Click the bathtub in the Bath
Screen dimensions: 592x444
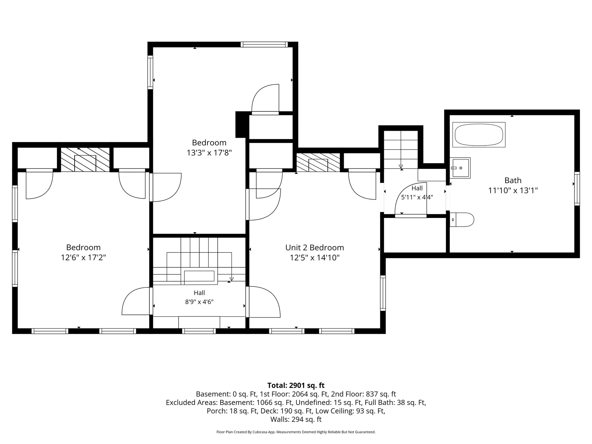(479, 135)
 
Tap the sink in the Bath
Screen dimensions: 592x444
(460, 168)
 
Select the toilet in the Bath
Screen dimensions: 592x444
(462, 220)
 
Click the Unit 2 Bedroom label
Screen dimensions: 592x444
(314, 248)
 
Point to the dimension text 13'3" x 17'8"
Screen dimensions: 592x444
(209, 153)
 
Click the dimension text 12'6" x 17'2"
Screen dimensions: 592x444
(83, 257)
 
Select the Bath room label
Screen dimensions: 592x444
(513, 180)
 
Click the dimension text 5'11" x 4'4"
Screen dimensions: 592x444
(417, 197)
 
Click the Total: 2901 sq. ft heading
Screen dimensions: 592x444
(296, 385)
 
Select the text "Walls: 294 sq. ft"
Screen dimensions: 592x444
(296, 419)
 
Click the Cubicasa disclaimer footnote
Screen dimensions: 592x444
(296, 432)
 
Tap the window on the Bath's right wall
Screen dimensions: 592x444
(577, 189)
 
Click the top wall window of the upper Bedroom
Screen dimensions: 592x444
(264, 44)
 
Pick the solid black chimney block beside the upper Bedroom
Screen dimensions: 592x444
(242, 125)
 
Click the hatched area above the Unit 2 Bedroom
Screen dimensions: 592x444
(318, 162)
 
